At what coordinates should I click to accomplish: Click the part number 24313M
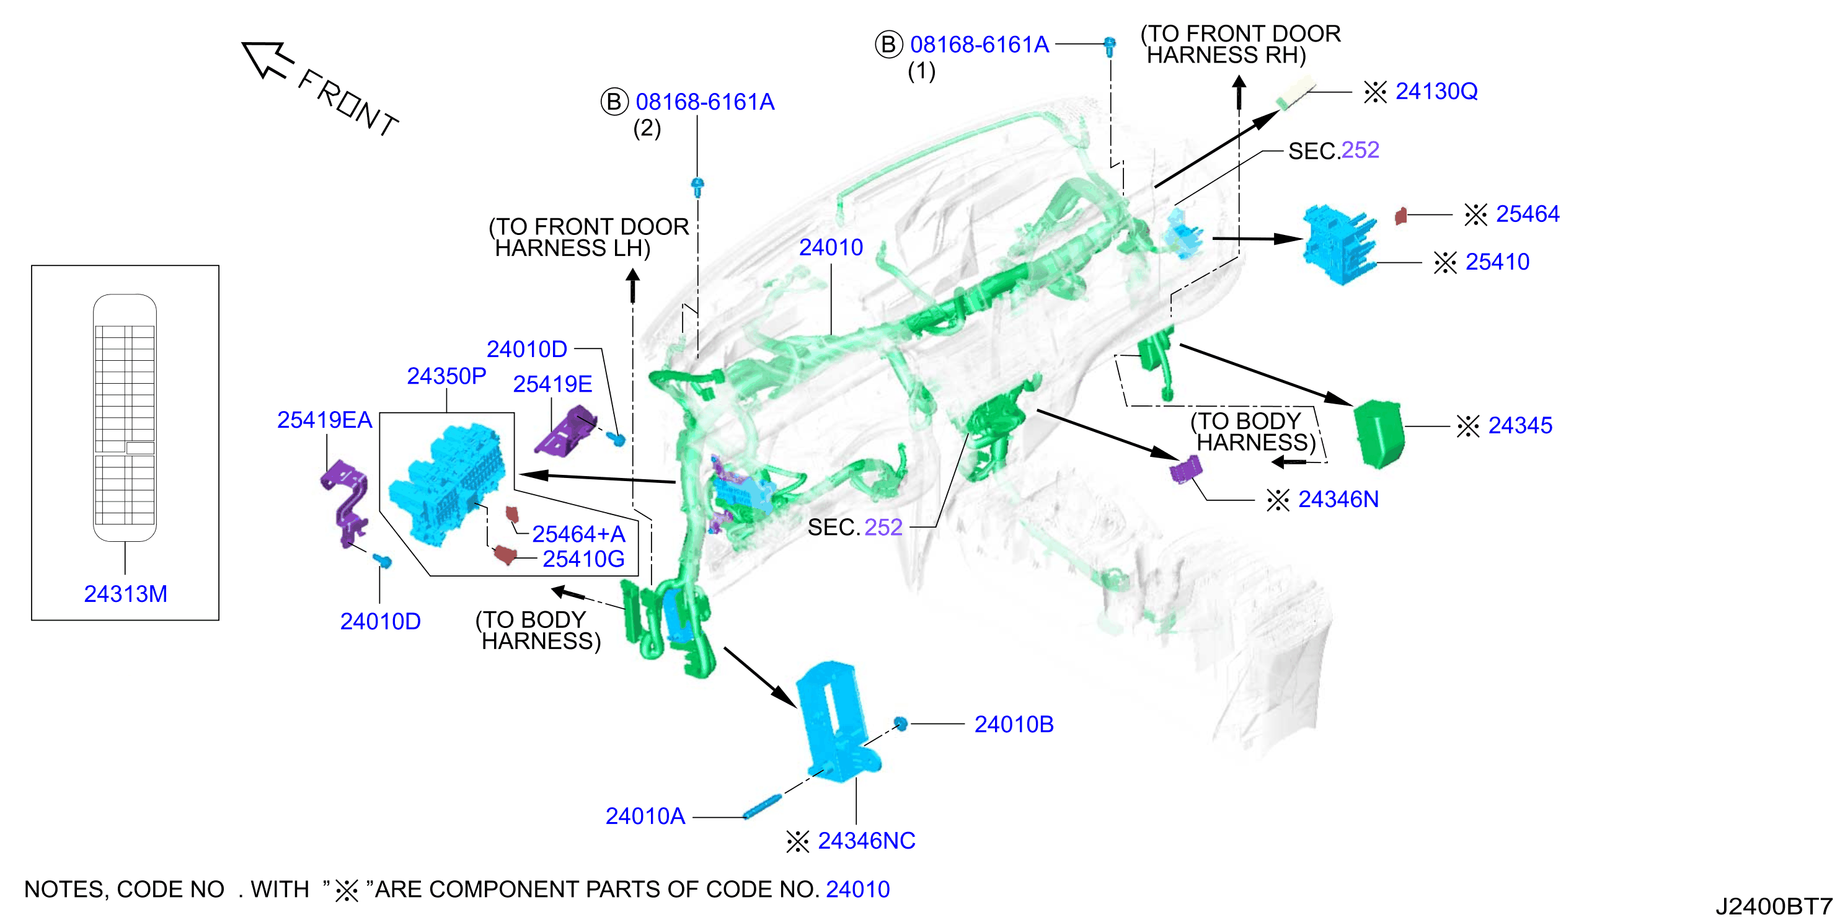pos(126,593)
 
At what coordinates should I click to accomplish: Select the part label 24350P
pos(446,376)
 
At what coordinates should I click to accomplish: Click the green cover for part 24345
pos(1379,433)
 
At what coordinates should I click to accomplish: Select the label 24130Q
pos(1436,91)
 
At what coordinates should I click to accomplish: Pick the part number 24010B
pos(1014,724)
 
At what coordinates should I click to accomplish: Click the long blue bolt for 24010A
pos(762,807)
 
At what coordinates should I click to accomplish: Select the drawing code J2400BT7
pos(1774,906)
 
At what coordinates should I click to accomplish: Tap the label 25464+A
pos(578,534)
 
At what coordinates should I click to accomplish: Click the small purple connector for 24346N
pos(1185,469)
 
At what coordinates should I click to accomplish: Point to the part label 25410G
pos(583,559)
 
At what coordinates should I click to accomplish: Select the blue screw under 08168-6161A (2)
pos(698,187)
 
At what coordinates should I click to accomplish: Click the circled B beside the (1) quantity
pos(888,44)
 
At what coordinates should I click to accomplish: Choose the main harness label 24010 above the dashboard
pos(831,247)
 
